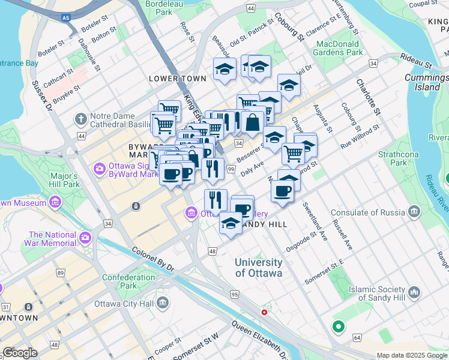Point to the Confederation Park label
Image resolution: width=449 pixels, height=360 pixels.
click(x=129, y=282)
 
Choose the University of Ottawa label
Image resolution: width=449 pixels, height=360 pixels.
click(x=258, y=268)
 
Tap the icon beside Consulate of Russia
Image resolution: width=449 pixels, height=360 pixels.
click(x=414, y=211)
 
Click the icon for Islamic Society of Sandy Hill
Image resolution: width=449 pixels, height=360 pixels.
click(x=414, y=293)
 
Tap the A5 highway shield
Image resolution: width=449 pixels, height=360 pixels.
click(x=64, y=18)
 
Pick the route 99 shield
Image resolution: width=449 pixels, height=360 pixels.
click(x=231, y=170)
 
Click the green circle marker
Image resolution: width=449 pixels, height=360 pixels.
click(x=338, y=327)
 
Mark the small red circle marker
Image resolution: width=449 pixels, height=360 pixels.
click(x=264, y=313)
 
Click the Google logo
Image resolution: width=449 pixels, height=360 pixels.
click(x=20, y=353)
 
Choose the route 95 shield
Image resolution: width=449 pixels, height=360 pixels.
click(x=235, y=294)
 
